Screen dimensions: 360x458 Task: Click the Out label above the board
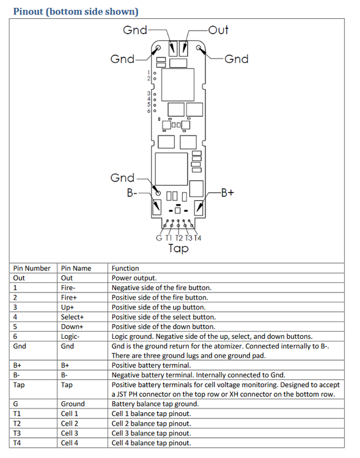pos(218,30)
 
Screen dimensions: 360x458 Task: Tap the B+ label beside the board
pos(227,193)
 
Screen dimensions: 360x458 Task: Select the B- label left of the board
pos(132,193)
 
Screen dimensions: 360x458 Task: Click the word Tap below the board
pos(178,249)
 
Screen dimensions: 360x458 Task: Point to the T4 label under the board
pos(197,238)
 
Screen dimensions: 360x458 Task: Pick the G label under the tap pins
pos(159,238)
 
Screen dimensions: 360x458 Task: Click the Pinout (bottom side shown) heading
pos(76,12)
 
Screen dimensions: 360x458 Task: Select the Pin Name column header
pos(76,268)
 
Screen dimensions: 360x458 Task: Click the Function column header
pos(125,268)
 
